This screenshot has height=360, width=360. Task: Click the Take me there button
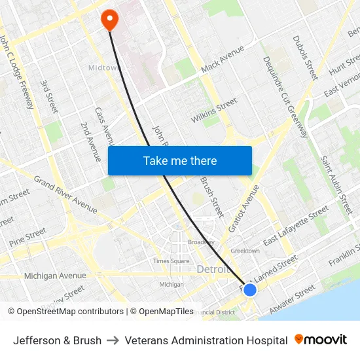point(180,160)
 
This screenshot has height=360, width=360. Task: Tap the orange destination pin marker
point(109,20)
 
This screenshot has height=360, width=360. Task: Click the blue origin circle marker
point(249,289)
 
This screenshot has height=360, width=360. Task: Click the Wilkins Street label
point(214,111)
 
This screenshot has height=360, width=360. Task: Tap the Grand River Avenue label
point(65,194)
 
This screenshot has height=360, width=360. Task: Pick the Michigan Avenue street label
point(55,276)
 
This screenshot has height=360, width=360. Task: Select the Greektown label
point(245,251)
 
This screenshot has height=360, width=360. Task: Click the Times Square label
point(171,261)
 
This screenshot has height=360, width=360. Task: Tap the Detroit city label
point(213,270)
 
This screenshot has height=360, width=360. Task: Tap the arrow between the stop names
point(113,340)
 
